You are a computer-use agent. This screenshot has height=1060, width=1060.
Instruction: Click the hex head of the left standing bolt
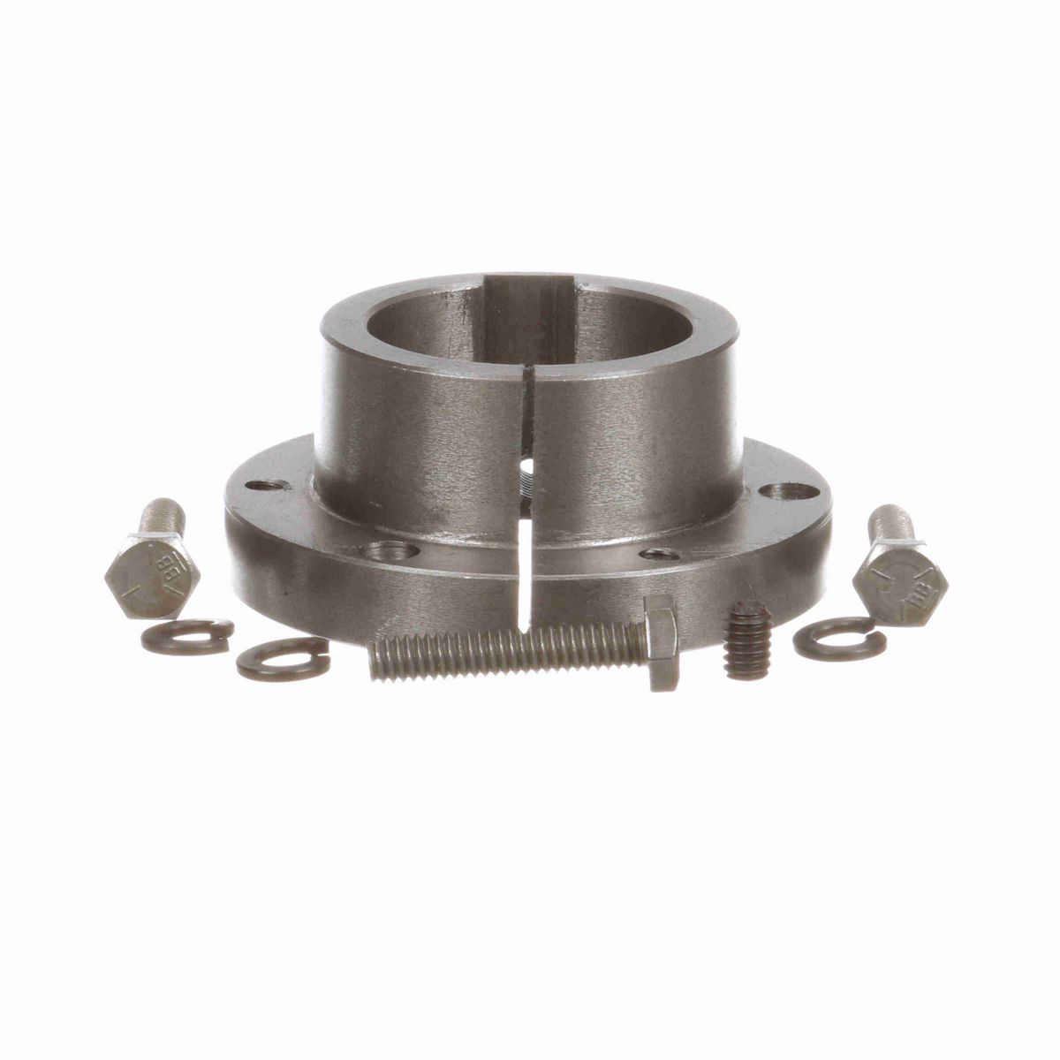pyautogui.click(x=152, y=575)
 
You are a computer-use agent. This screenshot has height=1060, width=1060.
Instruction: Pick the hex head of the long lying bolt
pyautogui.click(x=661, y=641)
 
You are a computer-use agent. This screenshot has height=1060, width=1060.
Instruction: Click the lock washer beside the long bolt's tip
pyautogui.click(x=283, y=658)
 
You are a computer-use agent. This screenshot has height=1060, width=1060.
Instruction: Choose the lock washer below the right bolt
pyautogui.click(x=838, y=639)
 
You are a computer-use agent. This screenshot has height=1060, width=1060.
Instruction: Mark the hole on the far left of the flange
pyautogui.click(x=269, y=485)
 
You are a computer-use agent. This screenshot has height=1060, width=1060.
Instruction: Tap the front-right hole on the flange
pyautogui.click(x=661, y=554)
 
